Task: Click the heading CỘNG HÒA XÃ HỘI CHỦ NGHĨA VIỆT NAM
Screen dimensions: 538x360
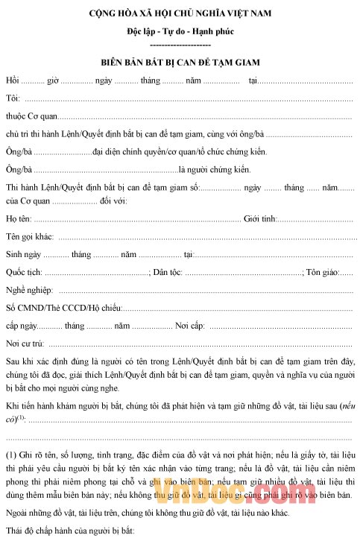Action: [180, 13]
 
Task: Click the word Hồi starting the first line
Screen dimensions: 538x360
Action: [12, 80]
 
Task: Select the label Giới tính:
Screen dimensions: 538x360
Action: [261, 218]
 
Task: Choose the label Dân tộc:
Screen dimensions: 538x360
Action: [169, 273]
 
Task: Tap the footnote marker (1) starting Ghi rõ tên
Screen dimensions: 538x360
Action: [11, 455]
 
